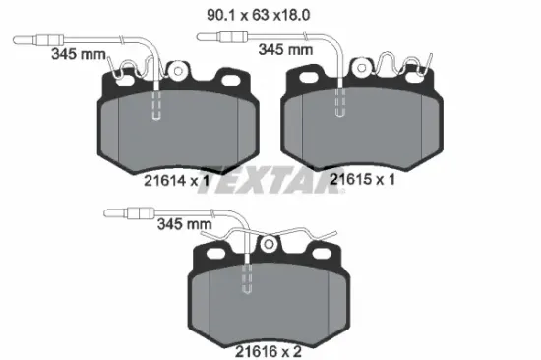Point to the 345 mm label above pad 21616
[184, 223]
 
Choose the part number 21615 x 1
[363, 180]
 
